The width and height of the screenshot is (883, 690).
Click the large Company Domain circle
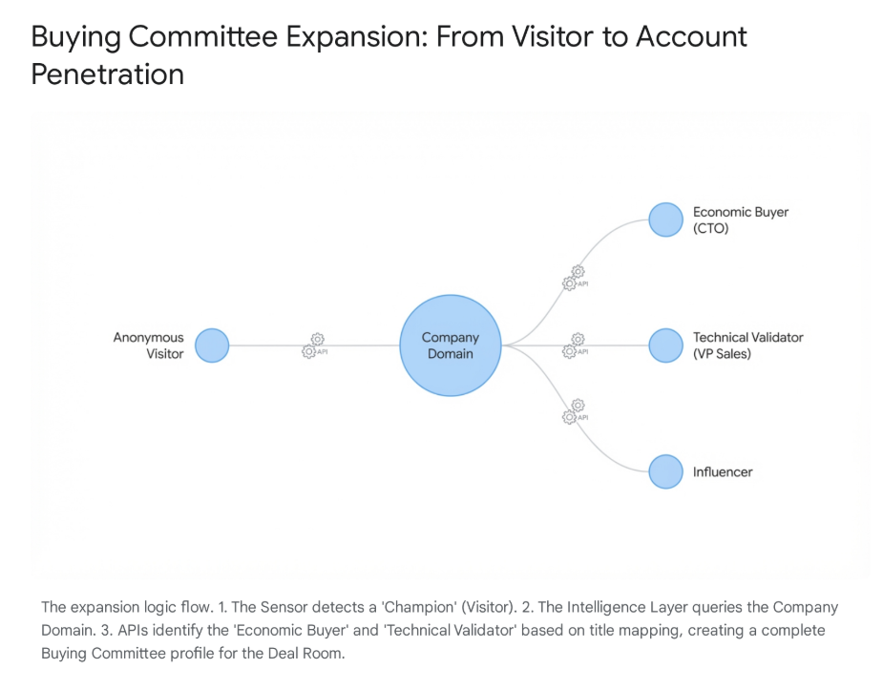[450, 345]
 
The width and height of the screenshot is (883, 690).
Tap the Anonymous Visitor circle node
[212, 345]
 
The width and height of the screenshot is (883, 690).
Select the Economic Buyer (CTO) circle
[665, 220]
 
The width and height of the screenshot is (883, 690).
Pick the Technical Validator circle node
[665, 345]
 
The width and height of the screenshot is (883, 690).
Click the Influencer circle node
[665, 471]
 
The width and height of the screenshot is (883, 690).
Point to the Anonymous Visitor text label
[149, 345]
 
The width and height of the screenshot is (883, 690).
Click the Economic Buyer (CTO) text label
[741, 220]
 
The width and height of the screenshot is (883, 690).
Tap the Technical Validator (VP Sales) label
[747, 345]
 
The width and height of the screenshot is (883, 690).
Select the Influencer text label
[723, 471]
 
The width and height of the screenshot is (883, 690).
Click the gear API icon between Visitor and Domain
[314, 345]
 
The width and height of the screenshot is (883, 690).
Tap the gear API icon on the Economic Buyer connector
[575, 278]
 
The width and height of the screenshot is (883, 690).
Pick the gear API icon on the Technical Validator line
[575, 345]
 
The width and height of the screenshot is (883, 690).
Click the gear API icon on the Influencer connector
[575, 411]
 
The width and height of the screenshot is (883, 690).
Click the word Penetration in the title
[107, 73]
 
